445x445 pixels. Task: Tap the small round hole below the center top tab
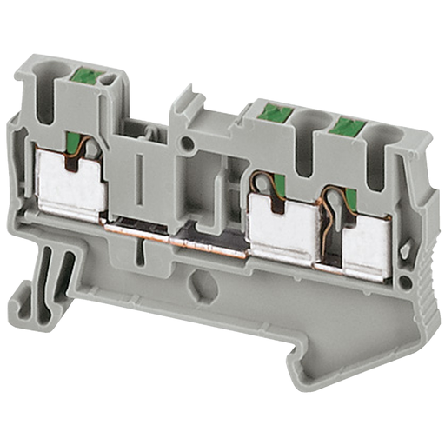click(185, 141)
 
